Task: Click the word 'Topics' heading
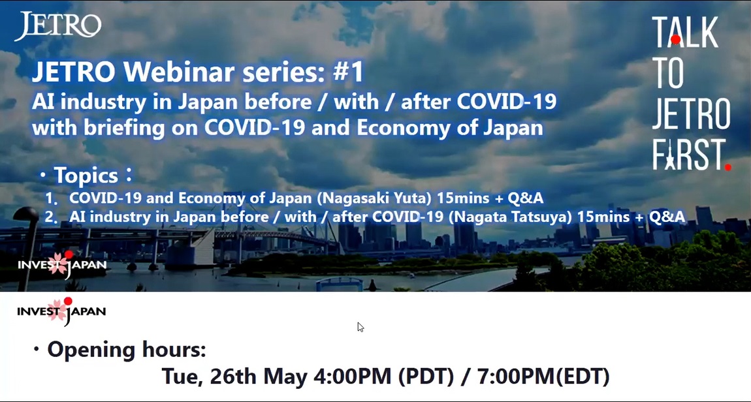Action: [x=86, y=176]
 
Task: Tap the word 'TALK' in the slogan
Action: [x=685, y=32]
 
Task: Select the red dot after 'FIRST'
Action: [x=728, y=167]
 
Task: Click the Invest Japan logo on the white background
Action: [x=61, y=311]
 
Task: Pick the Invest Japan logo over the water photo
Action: [x=62, y=264]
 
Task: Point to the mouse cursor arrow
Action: [x=360, y=327]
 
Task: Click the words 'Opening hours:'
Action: [x=127, y=350]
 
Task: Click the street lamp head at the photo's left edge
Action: [x=26, y=214]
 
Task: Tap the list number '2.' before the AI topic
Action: [x=51, y=217]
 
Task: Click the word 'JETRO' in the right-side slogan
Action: [x=691, y=114]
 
